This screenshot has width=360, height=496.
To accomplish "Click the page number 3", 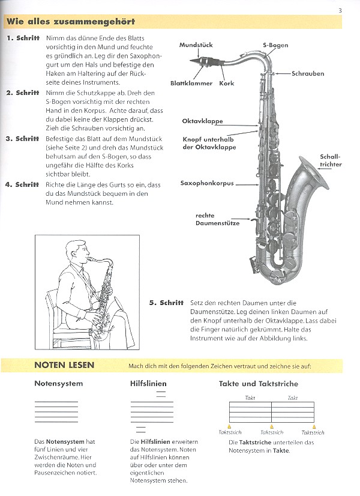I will [x=340, y=9].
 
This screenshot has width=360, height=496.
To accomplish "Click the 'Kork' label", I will [x=226, y=83].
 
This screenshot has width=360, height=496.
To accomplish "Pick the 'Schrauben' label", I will [x=308, y=74].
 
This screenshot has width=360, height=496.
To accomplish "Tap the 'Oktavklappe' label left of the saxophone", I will [x=202, y=121].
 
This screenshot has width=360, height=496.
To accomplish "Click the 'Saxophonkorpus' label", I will [x=207, y=183].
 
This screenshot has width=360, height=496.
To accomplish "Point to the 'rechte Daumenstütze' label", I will [x=217, y=219].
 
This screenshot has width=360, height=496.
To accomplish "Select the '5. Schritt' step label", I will [x=166, y=303].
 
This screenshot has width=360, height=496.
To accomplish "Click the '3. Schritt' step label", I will [x=23, y=139].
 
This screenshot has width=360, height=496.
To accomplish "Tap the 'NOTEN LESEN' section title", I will [x=64, y=365].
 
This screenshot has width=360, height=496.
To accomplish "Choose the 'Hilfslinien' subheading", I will [x=148, y=384].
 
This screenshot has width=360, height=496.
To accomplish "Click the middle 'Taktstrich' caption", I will [x=272, y=432].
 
